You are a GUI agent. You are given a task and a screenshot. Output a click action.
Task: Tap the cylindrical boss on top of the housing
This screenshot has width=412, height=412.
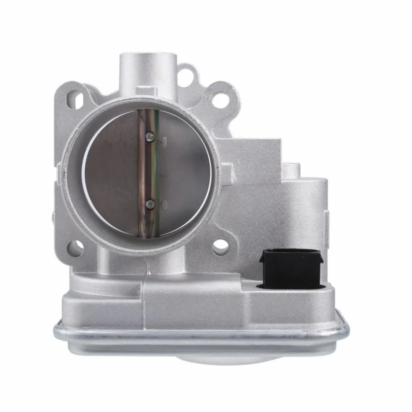point(147,69)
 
